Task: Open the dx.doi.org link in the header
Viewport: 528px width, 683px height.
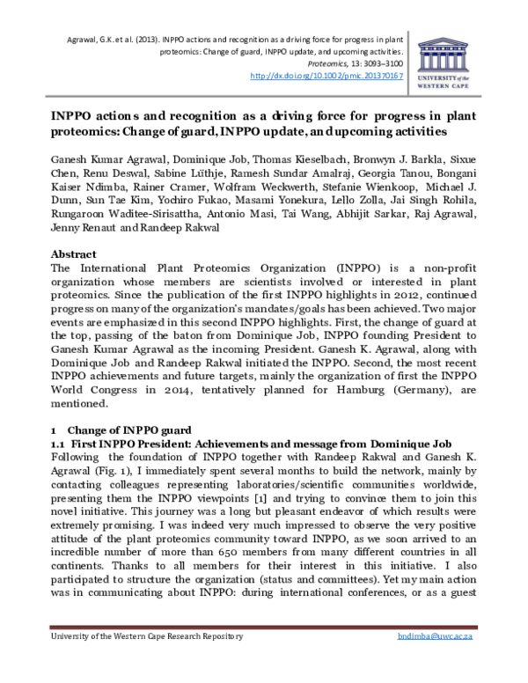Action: pyautogui.click(x=326, y=77)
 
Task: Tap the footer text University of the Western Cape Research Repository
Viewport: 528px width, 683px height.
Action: pyautogui.click(x=145, y=661)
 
